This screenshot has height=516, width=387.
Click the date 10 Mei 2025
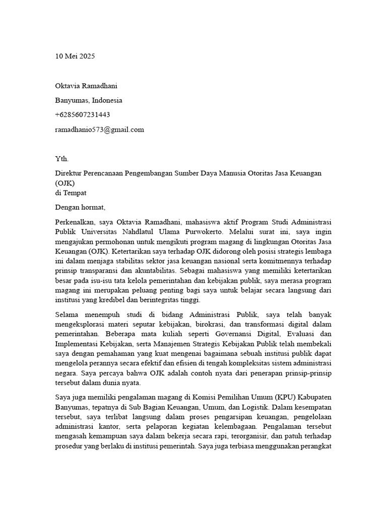point(75,56)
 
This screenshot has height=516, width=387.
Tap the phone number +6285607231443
point(83,115)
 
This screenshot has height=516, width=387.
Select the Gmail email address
point(99,130)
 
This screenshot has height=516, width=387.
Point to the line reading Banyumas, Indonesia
point(88,100)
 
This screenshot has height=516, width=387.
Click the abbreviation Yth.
point(61,159)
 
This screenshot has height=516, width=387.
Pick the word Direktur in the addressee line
point(69,173)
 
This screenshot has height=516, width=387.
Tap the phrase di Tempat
point(71,192)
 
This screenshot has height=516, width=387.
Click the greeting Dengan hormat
point(81,207)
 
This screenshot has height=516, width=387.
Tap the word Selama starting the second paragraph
point(67,314)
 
